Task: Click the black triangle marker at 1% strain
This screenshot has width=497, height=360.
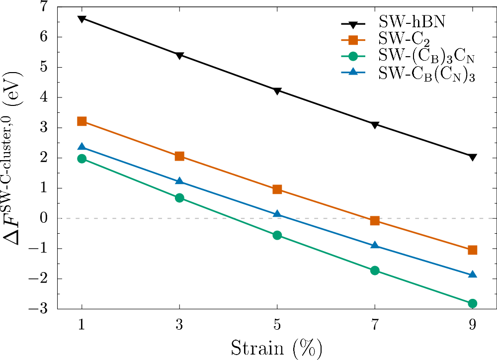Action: coord(82,19)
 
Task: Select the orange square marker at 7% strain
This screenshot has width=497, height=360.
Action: coord(375,221)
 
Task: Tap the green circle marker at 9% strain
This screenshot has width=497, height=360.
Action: coord(473,303)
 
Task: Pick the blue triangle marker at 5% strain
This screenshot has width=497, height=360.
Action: coord(277,214)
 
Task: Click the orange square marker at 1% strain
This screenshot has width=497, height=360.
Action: coord(82,121)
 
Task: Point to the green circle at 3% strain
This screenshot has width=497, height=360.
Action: coord(179,198)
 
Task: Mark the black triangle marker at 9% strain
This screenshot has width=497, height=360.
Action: coord(473,157)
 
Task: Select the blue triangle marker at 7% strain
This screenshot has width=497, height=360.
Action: coord(375,246)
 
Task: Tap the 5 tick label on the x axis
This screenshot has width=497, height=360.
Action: coord(277,325)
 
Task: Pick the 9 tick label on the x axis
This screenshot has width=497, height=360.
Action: coord(473,325)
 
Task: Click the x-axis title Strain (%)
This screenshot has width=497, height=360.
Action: coord(277,347)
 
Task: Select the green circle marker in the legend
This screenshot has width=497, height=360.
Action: coord(353,57)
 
